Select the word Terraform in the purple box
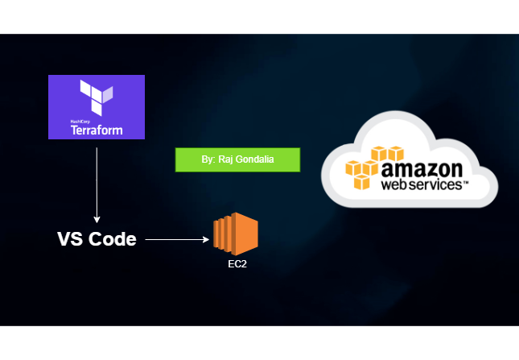click(x=97, y=129)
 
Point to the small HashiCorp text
click(x=79, y=120)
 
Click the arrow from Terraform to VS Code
click(x=97, y=177)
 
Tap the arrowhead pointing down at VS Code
click(x=97, y=220)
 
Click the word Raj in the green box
click(x=226, y=160)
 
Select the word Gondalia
click(x=255, y=160)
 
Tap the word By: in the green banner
click(x=208, y=160)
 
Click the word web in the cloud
click(x=394, y=184)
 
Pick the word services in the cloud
click(x=435, y=184)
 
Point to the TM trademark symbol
click(x=466, y=183)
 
